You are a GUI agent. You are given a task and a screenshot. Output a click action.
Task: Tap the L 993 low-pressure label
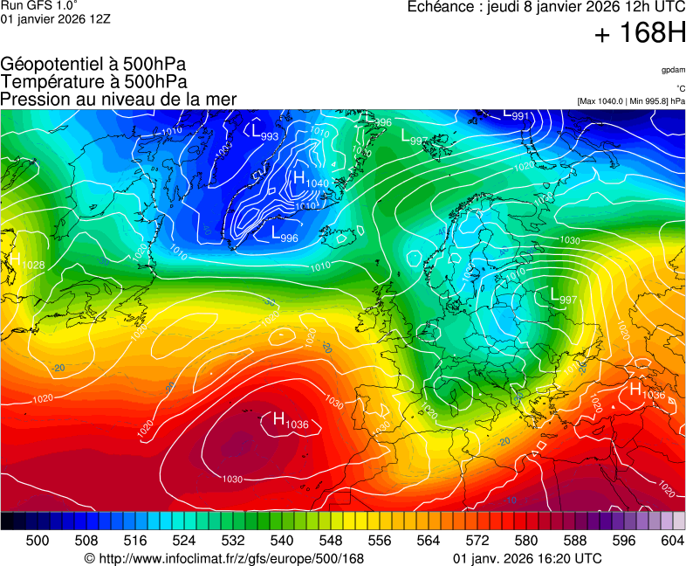point(265,134)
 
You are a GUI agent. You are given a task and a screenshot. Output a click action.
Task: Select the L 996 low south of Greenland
point(285,234)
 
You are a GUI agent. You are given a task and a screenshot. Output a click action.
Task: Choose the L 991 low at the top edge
point(517,114)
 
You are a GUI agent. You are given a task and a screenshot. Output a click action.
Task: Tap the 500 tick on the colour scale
point(38,541)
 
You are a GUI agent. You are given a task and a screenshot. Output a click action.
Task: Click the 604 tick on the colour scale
point(672,541)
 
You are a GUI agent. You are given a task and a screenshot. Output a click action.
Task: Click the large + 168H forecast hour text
point(640,33)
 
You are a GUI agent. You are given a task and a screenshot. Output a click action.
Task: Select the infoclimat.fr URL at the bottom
point(223,558)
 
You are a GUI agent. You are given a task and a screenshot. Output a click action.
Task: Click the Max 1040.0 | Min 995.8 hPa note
point(631,101)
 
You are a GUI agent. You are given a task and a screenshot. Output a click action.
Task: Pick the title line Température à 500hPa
point(93,81)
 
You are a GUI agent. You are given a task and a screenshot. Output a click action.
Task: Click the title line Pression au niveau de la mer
point(119,99)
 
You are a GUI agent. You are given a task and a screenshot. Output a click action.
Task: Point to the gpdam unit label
point(673,70)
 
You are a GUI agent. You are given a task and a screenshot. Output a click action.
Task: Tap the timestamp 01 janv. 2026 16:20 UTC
point(527,558)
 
